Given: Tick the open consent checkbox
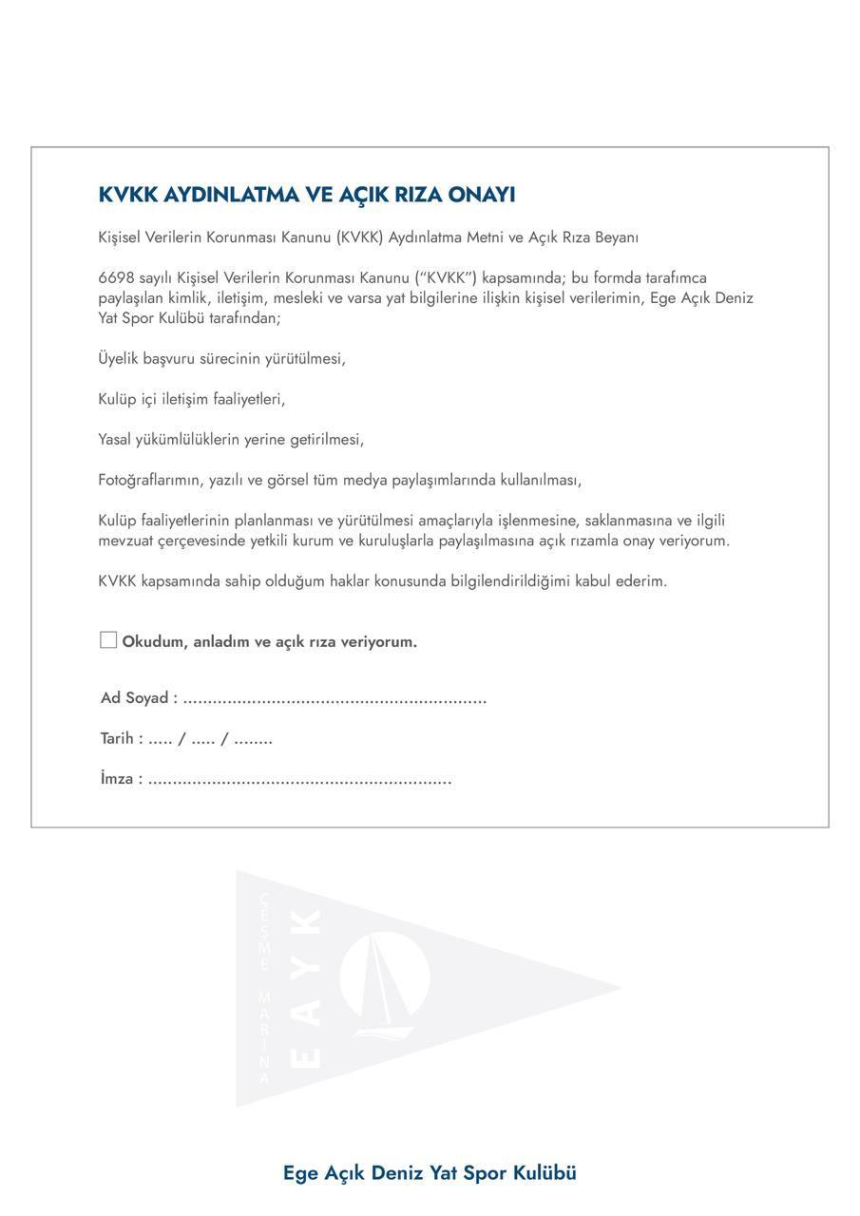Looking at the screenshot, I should (x=108, y=640).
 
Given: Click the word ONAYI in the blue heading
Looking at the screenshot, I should (x=482, y=195).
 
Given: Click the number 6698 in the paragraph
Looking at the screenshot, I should (x=116, y=277).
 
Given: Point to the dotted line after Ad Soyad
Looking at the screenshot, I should (x=334, y=699).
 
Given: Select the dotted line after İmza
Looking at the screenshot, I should (x=299, y=780).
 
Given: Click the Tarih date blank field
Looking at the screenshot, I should (x=210, y=739).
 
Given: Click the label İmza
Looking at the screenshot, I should (x=121, y=779).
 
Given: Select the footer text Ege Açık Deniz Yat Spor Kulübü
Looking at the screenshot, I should (x=430, y=1172).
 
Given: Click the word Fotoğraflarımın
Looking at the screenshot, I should (x=150, y=480).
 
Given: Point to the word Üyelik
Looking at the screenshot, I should (x=118, y=358).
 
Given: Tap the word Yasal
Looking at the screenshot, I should (x=117, y=439).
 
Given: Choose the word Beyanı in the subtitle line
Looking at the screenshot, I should (x=617, y=237).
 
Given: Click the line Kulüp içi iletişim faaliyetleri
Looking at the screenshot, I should (x=191, y=399).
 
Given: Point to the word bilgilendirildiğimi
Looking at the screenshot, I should (x=510, y=580).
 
